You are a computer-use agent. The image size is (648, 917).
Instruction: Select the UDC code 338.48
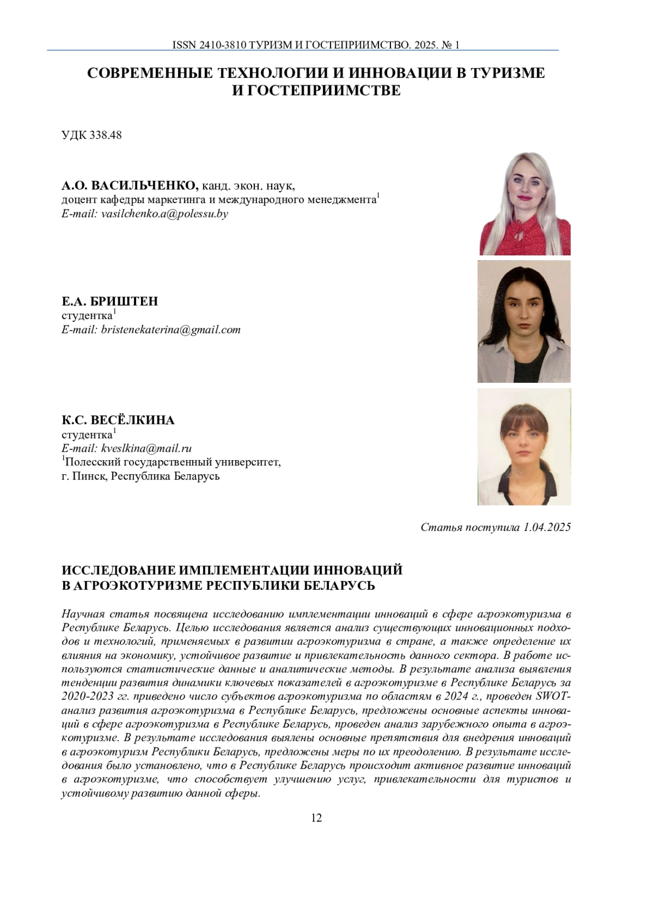click(103, 135)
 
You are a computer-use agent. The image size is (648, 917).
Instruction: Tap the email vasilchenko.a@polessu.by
click(165, 214)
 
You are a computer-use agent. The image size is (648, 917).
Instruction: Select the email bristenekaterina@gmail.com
click(171, 329)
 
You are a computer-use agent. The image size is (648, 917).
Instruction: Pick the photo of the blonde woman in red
click(525, 204)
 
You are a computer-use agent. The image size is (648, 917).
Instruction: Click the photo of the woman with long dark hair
click(524, 321)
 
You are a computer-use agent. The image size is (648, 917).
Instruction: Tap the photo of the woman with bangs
click(524, 447)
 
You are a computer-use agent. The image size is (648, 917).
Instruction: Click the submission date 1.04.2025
click(547, 528)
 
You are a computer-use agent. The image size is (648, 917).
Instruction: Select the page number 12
click(317, 818)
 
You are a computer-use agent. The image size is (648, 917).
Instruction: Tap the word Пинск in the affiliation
click(90, 477)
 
